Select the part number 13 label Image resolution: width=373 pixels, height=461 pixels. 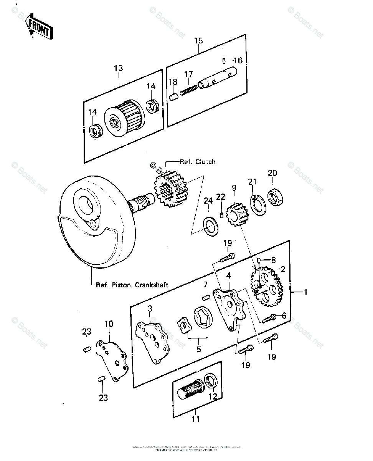[x=118, y=68]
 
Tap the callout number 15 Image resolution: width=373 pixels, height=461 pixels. [x=198, y=41]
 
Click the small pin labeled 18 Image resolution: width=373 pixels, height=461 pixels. [x=173, y=97]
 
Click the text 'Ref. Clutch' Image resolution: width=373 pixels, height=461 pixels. [x=197, y=162]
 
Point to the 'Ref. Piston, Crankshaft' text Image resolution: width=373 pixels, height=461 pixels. [x=132, y=285]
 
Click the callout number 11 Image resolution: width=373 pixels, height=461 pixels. [x=196, y=419]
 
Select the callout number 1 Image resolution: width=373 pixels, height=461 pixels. [x=305, y=292]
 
